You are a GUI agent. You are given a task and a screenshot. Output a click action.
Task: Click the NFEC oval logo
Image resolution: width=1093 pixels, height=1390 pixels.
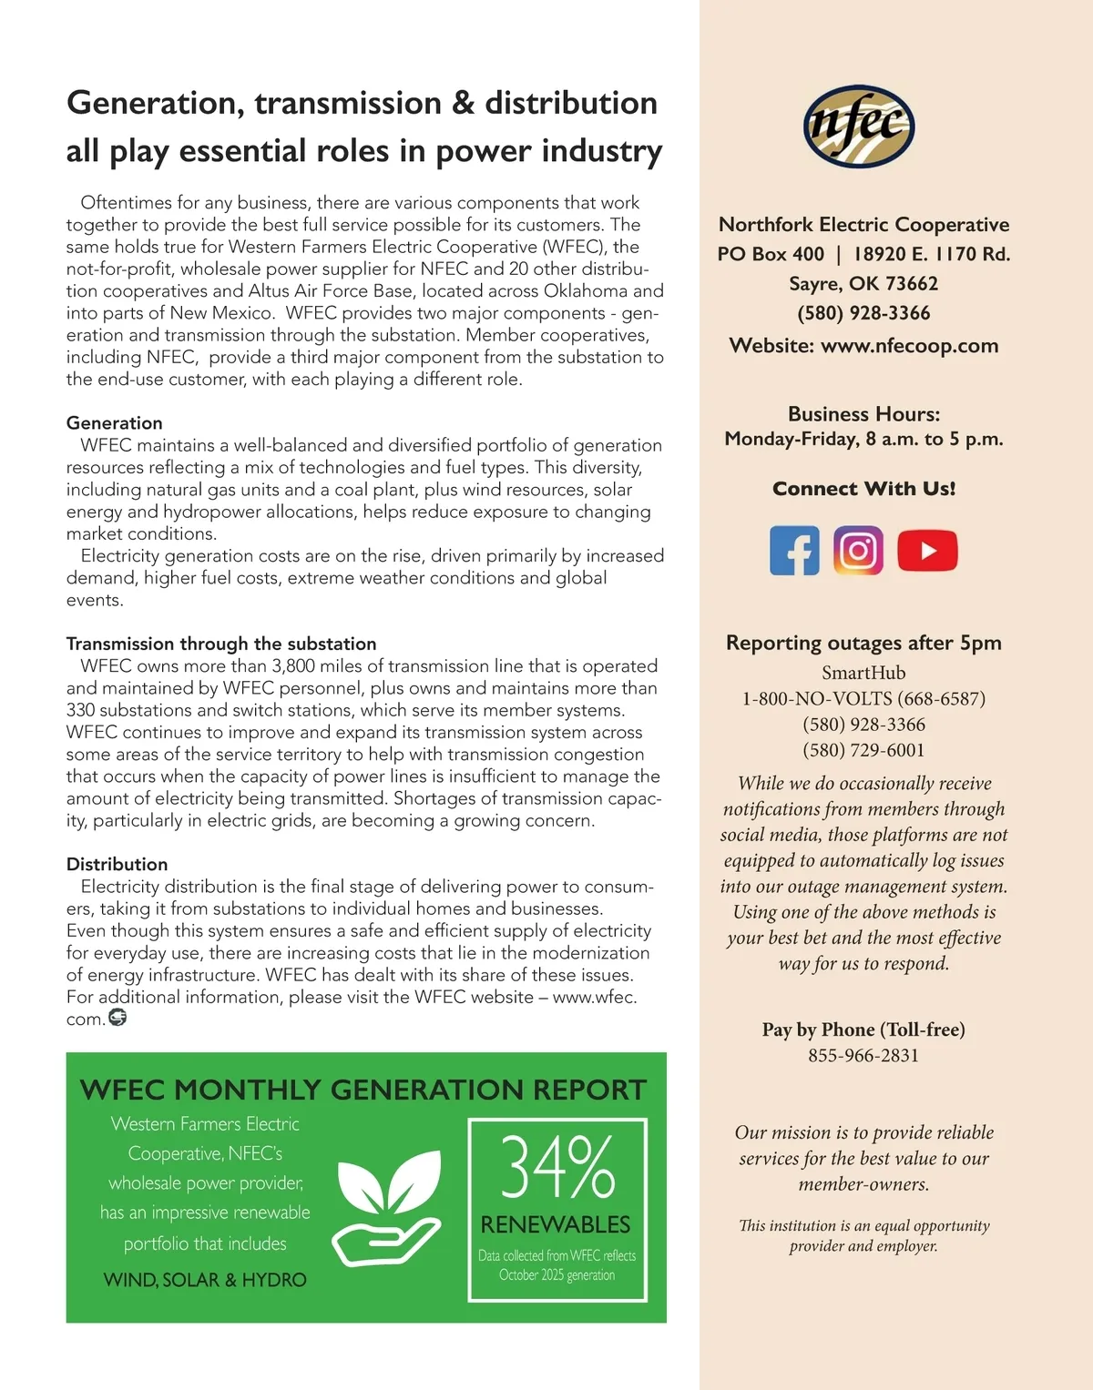coord(859,127)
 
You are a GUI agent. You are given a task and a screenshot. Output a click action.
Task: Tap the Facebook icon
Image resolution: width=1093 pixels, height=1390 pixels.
coord(794,551)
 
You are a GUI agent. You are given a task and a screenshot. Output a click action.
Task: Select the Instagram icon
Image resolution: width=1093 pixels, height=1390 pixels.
coord(858,551)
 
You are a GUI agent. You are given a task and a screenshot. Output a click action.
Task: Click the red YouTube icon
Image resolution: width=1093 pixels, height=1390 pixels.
coord(927,551)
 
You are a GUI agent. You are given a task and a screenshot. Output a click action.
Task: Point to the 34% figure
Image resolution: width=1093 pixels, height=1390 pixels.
coord(557,1167)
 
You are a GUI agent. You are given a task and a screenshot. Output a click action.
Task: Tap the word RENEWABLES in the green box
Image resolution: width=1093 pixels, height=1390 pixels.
coord(556,1224)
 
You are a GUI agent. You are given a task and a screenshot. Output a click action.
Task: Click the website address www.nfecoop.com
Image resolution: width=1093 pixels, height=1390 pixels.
coord(909,346)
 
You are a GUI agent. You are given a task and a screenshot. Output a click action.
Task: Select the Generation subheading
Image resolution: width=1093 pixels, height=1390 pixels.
coord(115,423)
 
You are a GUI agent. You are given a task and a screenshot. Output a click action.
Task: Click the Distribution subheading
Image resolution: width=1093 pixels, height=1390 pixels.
coord(117,865)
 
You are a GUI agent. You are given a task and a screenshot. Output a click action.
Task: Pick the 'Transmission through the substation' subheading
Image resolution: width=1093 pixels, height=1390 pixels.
coord(221,644)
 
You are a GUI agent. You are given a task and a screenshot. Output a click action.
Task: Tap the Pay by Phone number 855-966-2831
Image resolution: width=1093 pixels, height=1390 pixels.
coord(863,1056)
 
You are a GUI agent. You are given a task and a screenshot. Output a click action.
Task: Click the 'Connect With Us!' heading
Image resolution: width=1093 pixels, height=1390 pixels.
coord(863,489)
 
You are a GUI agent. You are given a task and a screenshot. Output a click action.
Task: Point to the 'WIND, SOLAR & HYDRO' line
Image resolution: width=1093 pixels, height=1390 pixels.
coord(205,1280)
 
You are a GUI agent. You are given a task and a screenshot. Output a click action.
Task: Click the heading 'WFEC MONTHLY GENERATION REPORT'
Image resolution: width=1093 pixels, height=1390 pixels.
coord(363,1090)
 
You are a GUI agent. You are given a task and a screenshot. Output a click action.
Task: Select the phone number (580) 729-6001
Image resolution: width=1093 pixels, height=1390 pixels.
coord(863,750)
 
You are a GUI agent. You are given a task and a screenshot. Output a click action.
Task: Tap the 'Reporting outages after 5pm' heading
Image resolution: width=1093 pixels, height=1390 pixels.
coord(863,643)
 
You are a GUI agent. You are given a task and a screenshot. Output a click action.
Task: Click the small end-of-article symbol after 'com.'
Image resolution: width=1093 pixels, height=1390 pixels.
coord(117,1018)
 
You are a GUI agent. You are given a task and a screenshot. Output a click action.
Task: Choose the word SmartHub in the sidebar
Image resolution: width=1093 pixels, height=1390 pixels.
coord(863,673)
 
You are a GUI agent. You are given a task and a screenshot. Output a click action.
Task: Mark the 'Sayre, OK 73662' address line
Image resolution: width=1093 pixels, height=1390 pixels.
coord(863,284)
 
